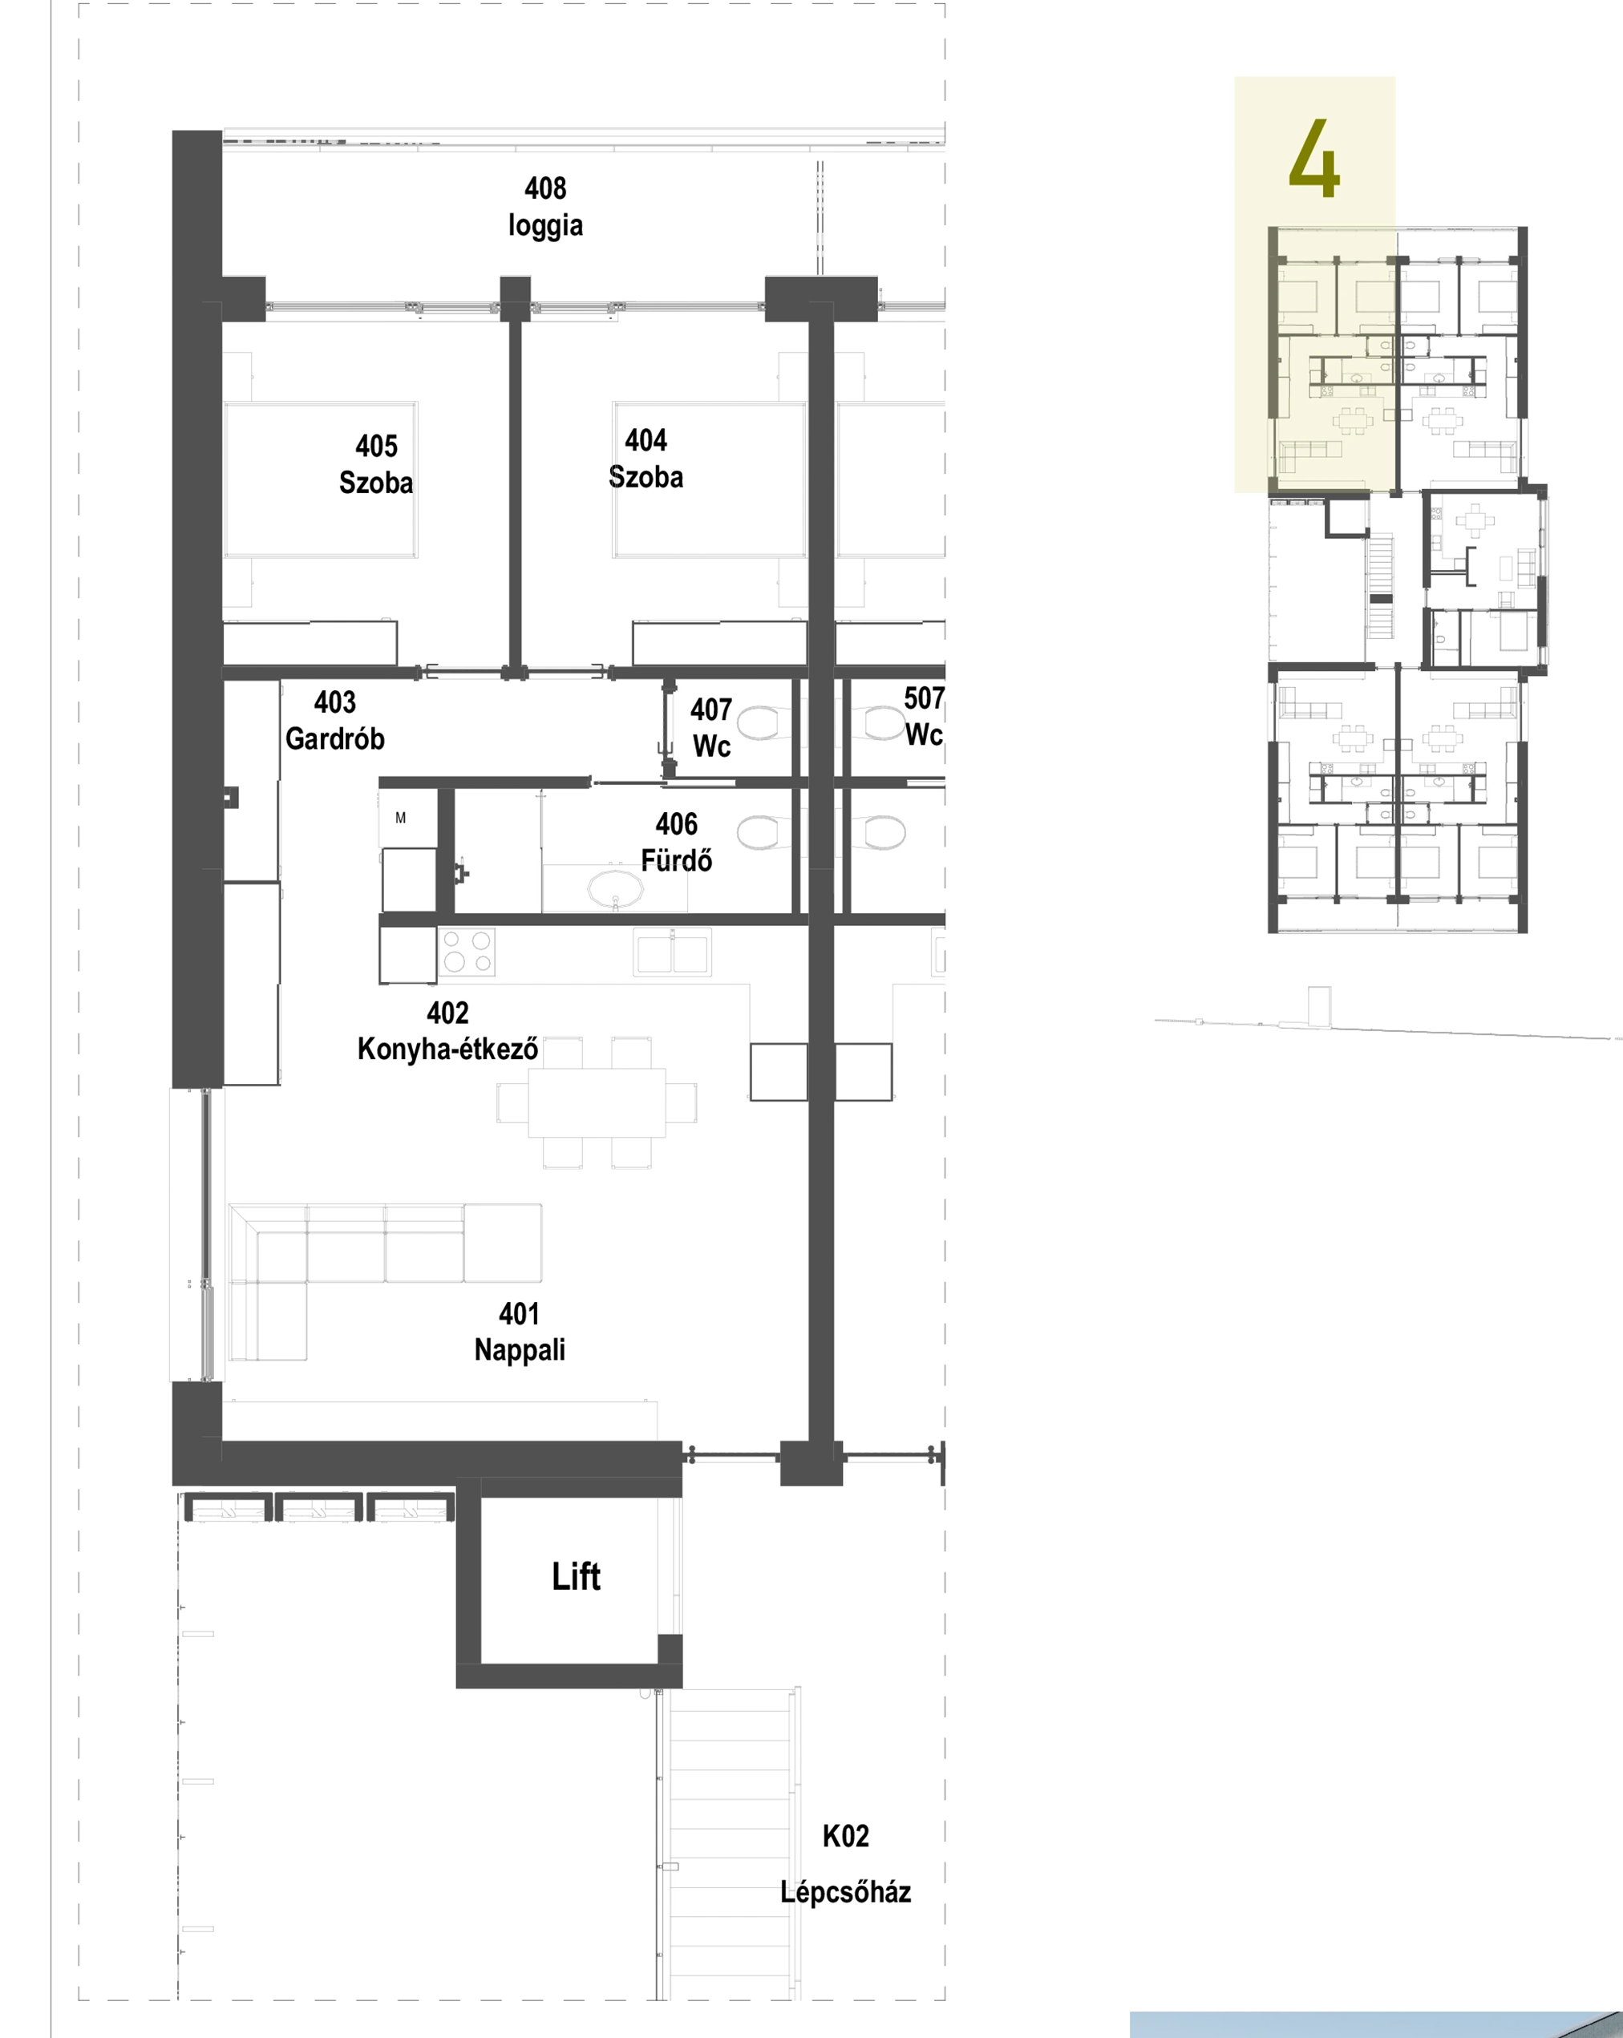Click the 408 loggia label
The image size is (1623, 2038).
coord(545,207)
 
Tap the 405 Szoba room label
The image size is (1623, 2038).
coord(376,464)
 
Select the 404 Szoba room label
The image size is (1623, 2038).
coord(646,459)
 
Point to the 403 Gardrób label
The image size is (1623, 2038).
coord(334,720)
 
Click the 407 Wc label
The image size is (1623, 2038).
coord(710,728)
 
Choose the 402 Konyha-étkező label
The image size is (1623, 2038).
coord(448,1031)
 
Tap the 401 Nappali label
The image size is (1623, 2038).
coord(520,1332)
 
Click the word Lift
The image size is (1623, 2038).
coord(576,1577)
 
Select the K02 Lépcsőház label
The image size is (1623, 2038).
coord(845,1864)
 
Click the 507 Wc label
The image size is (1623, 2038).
coord(924,717)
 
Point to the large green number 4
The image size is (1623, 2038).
coord(1314,158)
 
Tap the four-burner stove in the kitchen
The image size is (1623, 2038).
coord(467,951)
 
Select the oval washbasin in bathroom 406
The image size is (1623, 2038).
coord(614,888)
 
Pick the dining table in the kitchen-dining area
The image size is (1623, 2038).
coord(597,1102)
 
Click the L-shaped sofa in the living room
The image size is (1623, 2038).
coord(385,1281)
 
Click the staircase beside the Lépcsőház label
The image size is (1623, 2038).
coord(729,1843)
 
